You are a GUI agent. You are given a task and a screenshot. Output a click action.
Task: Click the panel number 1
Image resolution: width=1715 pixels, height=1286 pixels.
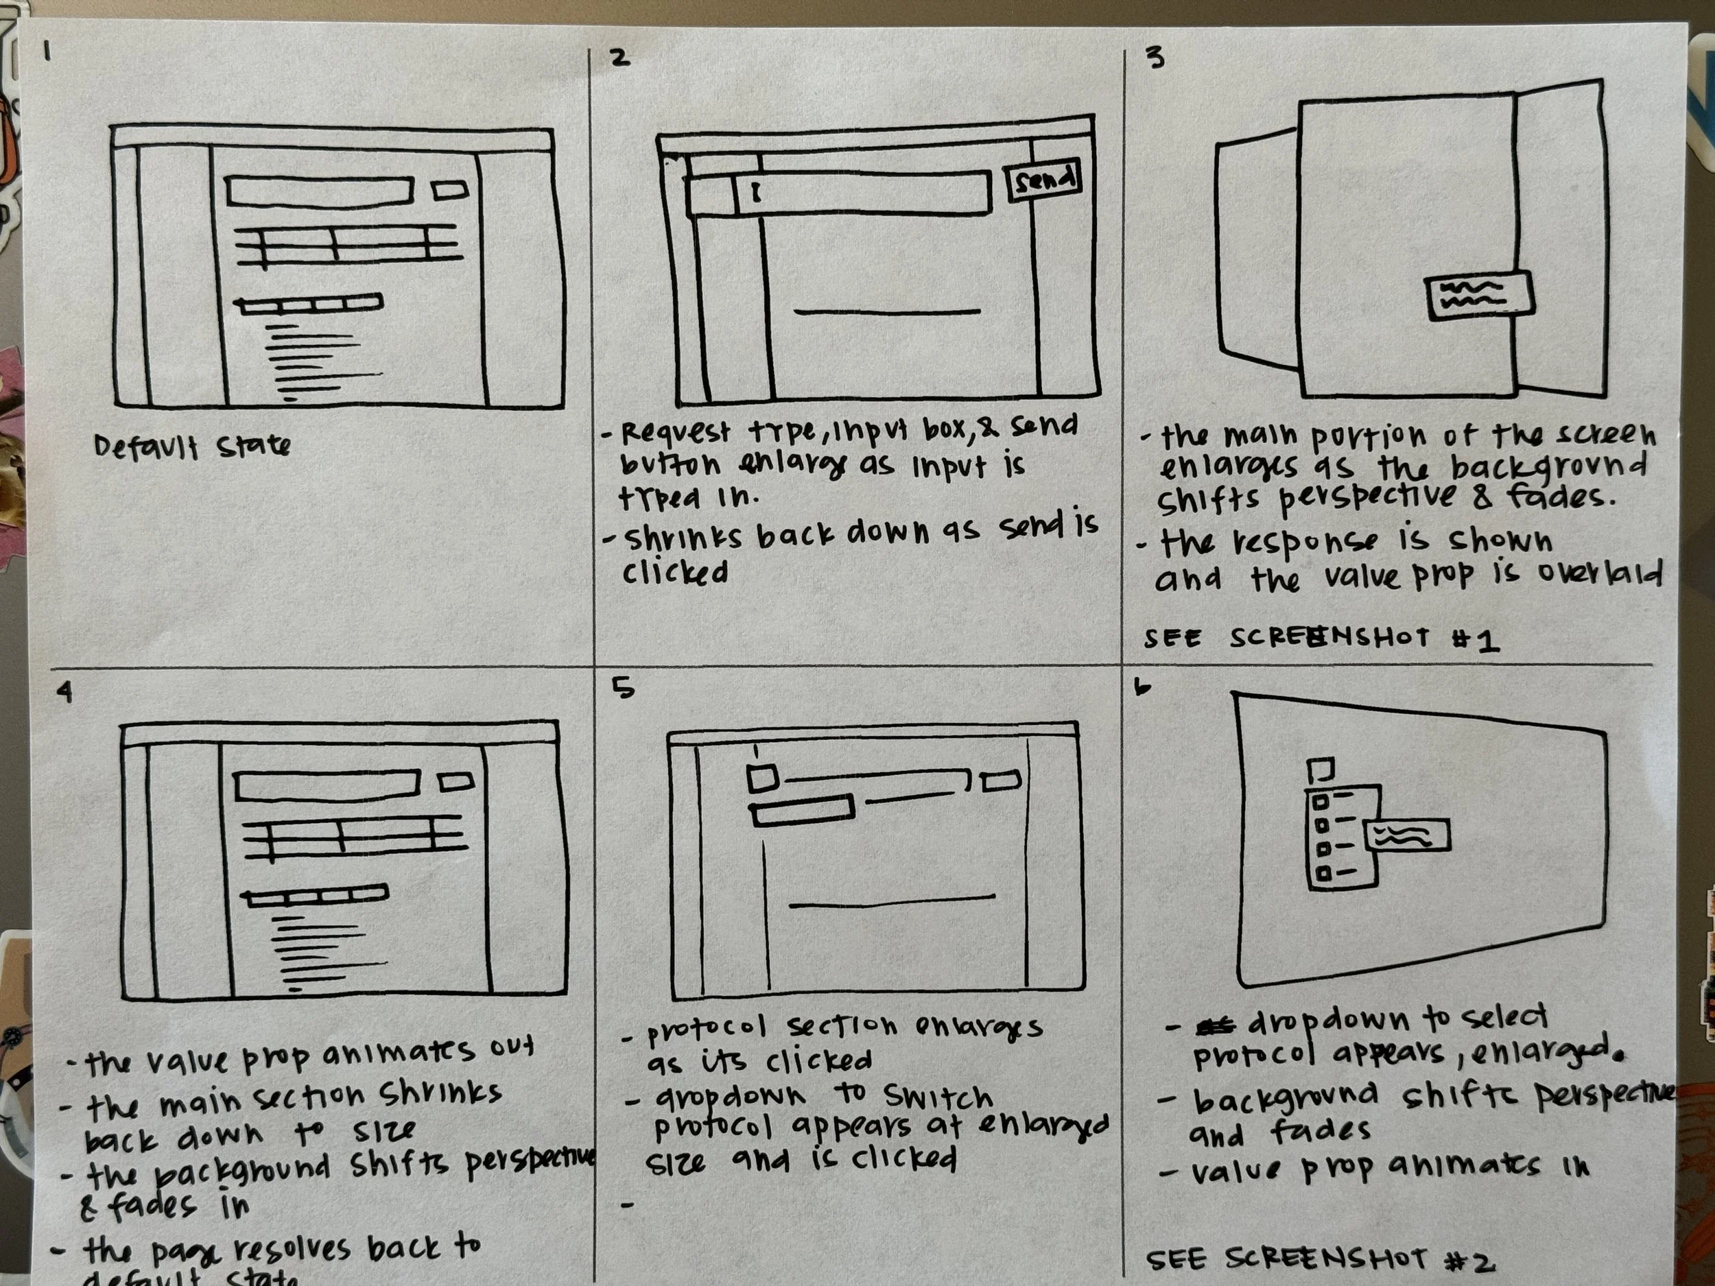(47, 52)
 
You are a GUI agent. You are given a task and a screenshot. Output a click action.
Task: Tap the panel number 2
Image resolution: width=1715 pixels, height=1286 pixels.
(620, 58)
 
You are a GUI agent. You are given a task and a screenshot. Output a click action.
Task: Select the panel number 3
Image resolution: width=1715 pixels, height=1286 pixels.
(1155, 58)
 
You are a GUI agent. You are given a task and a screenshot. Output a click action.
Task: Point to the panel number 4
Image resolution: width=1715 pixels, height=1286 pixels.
(65, 691)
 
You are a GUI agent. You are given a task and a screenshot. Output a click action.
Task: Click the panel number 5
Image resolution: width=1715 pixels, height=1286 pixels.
(623, 687)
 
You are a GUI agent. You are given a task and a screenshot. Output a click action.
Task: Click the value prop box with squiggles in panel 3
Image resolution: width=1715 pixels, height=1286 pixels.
(1479, 296)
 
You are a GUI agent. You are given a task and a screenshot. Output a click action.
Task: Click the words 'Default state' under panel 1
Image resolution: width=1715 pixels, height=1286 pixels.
(191, 446)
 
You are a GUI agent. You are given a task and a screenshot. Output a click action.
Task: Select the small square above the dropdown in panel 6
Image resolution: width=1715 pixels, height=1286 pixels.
(1321, 770)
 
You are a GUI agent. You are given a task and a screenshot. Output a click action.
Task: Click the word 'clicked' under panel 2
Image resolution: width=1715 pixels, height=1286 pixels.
(674, 572)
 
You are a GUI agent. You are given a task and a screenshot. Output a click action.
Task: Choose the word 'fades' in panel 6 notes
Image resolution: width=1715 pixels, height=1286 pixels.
(1321, 1131)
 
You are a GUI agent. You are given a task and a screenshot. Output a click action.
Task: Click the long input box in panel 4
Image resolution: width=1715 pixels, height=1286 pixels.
(327, 786)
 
